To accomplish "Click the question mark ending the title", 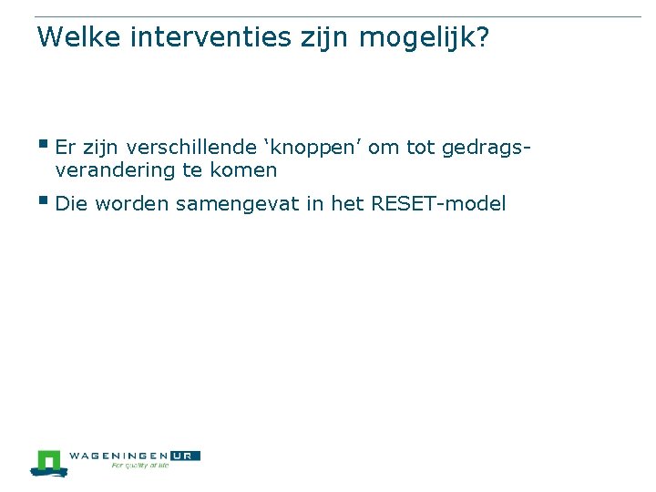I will click(x=484, y=37).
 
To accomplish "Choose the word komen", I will click(x=245, y=170).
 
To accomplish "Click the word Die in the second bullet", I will click(x=71, y=203).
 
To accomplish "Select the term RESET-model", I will click(x=438, y=203).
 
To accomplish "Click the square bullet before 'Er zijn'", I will click(x=43, y=143).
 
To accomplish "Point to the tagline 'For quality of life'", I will click(x=139, y=466).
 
